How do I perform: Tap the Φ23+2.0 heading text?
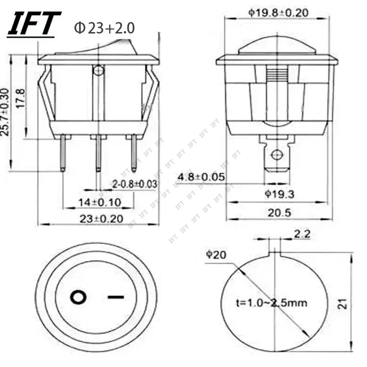[105, 28]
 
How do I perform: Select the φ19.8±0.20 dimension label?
[278, 12]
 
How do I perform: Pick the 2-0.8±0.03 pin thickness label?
[135, 184]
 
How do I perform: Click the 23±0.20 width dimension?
[101, 219]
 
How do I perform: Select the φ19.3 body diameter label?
[279, 195]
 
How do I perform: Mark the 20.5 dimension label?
[278, 213]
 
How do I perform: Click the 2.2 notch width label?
[302, 234]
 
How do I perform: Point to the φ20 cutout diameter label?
[215, 255]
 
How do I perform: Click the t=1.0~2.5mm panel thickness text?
[272, 303]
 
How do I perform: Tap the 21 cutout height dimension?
[343, 303]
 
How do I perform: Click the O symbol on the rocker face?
[78, 298]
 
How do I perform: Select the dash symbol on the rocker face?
[116, 297]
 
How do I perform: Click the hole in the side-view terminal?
[276, 154]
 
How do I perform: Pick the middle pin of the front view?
[98, 153]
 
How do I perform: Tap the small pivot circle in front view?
[98, 71]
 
